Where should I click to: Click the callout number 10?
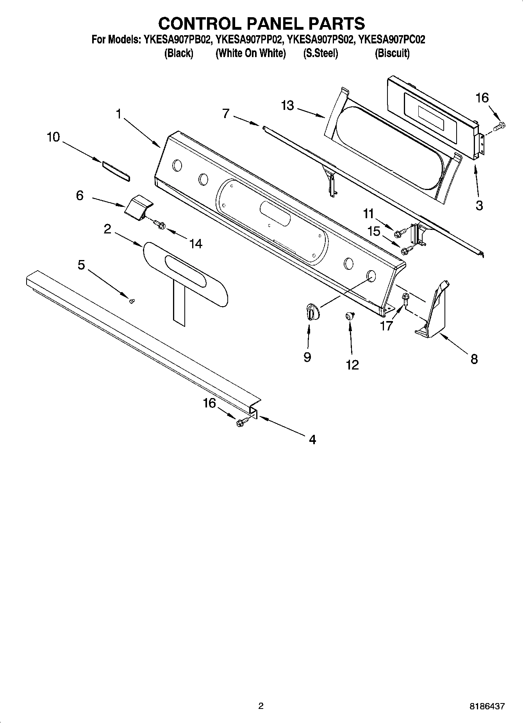coord(53,137)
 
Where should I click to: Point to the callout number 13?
coord(287,106)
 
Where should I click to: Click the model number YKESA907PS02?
coord(320,39)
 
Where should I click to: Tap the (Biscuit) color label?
coord(392,54)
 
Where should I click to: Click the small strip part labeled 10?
coord(116,171)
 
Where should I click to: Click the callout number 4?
coord(312,440)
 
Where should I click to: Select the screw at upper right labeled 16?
coord(499,126)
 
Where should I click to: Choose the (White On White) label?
coord(250,54)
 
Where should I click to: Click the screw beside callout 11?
coord(399,234)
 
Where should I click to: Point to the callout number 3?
coord(479,205)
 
